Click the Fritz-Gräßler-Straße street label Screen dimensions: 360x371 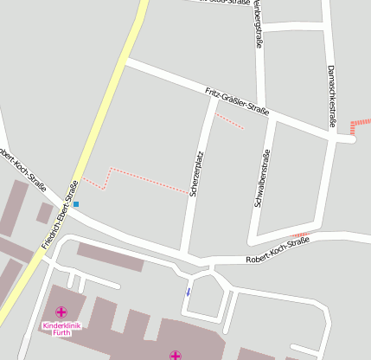point(237,101)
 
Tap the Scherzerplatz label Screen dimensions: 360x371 point(196,176)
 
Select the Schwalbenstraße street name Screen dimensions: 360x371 point(260,177)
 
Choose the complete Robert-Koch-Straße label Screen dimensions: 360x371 point(277,254)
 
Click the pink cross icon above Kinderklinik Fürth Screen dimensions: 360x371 point(61,312)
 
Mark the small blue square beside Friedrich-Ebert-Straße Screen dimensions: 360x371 point(76,204)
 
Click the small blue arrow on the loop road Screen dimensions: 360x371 point(188,292)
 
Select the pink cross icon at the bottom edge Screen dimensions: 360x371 point(176,355)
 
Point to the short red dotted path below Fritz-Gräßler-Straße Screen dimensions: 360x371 point(229,121)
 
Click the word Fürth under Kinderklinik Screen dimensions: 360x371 point(61,334)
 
